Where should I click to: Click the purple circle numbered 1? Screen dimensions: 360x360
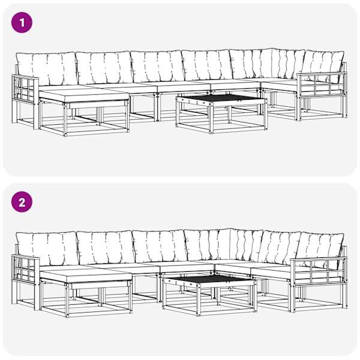click(22, 23)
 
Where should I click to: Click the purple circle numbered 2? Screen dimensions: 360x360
click(22, 202)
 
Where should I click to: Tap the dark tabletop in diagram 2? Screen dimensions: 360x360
click(210, 278)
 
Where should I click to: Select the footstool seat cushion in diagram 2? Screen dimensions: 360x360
click(85, 277)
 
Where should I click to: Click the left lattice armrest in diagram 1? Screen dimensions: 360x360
click(25, 88)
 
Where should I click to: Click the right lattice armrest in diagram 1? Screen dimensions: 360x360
click(322, 84)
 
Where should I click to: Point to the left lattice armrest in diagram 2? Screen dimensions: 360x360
click(25, 268)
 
